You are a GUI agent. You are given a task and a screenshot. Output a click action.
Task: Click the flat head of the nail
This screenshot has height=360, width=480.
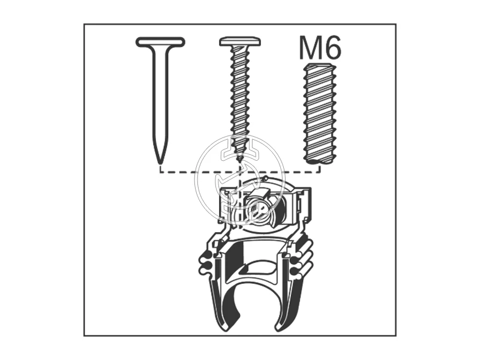click(160, 42)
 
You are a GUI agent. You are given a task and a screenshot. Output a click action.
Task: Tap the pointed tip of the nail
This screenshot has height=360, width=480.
click(160, 163)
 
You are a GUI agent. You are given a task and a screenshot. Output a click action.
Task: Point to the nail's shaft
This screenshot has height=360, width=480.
click(160, 101)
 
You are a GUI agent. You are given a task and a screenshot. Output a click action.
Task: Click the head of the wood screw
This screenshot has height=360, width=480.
click(240, 41)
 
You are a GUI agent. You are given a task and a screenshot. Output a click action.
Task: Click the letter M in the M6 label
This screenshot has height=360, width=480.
click(310, 48)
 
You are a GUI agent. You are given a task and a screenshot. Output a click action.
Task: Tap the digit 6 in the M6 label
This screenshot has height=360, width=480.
click(332, 48)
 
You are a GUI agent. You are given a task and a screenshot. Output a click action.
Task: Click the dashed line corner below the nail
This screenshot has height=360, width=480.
click(160, 172)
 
